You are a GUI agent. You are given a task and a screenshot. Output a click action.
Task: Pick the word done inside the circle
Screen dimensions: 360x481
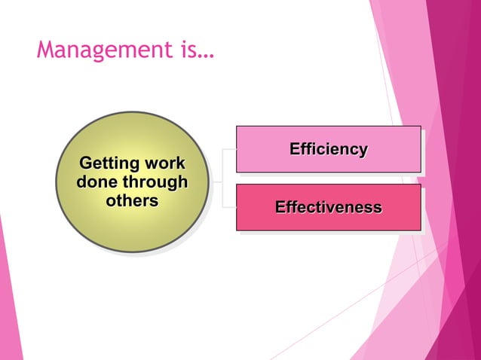tap(94, 182)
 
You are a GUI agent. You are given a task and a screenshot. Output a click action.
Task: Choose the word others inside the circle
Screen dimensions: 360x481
tap(132, 201)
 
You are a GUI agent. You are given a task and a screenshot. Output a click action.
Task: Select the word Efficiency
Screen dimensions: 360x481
tap(329, 149)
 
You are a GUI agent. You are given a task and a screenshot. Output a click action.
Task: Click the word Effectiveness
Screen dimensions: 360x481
tap(329, 206)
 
